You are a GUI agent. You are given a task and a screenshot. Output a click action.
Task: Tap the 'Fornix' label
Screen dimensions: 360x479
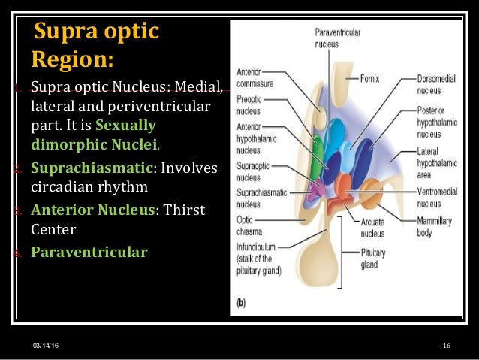pyautogui.click(x=370, y=77)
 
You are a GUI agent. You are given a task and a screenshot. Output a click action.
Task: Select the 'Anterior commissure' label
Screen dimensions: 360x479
pyautogui.click(x=255, y=77)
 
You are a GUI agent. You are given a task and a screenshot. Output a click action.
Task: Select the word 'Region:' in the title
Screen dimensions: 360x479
pyautogui.click(x=73, y=59)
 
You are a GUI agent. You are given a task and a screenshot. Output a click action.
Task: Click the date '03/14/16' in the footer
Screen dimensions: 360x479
pyautogui.click(x=46, y=345)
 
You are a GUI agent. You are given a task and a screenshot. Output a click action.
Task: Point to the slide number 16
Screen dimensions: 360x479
pyautogui.click(x=446, y=345)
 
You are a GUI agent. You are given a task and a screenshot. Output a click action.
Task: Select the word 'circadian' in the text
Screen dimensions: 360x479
pyautogui.click(x=64, y=187)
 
